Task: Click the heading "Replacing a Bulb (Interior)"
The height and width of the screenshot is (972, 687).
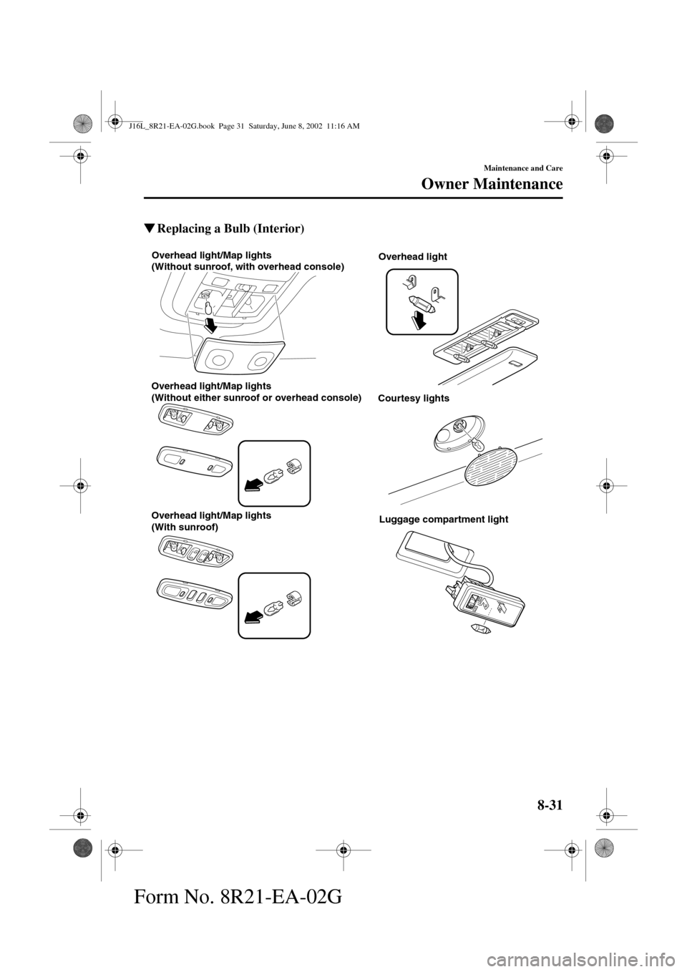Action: (x=230, y=229)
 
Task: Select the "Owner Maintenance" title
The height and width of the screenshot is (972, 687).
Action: (x=492, y=185)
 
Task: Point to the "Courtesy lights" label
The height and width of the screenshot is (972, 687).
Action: (x=414, y=399)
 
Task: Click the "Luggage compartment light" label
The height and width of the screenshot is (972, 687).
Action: (x=444, y=520)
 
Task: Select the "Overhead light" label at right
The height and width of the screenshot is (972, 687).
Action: (x=413, y=256)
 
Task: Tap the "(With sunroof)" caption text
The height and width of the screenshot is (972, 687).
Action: (x=184, y=527)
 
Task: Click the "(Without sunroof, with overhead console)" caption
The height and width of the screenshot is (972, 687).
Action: (x=247, y=267)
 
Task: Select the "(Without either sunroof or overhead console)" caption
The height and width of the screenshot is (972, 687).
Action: (x=255, y=397)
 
